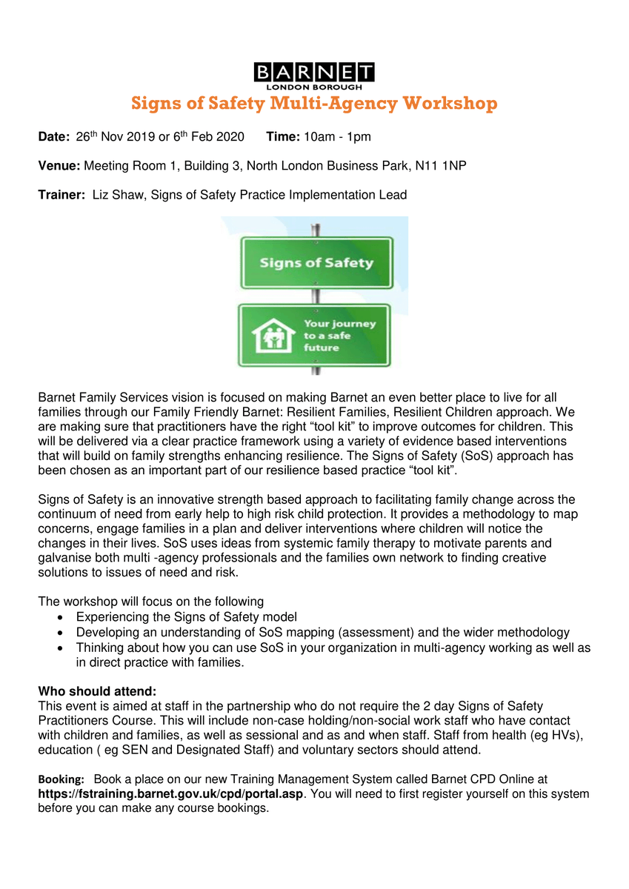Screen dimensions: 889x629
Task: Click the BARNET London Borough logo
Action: tap(314, 76)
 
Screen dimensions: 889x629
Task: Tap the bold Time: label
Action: tap(282, 137)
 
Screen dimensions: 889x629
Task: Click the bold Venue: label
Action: tap(59, 166)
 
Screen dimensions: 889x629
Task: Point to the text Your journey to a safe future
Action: tap(339, 336)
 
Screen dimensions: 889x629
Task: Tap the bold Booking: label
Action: tap(62, 780)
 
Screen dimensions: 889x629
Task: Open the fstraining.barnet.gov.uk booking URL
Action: tap(171, 794)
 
